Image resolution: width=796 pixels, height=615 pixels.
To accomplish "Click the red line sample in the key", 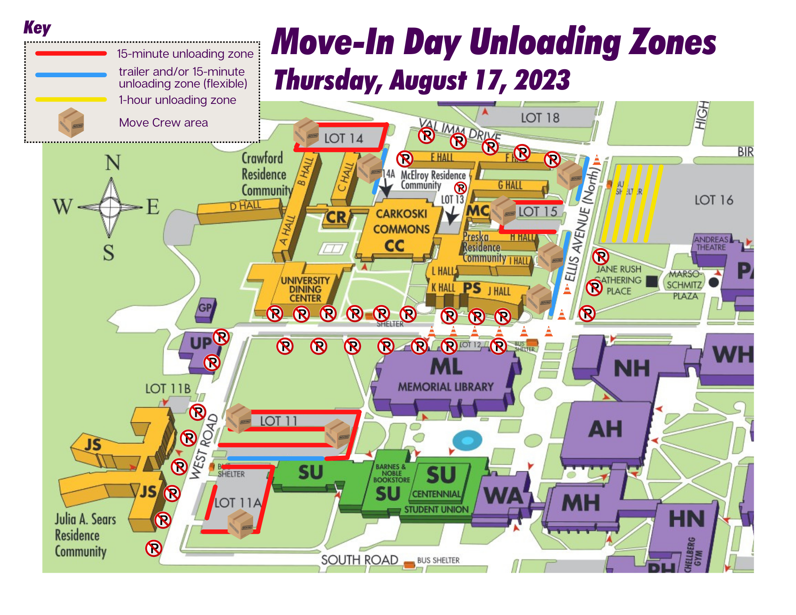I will click(71, 53).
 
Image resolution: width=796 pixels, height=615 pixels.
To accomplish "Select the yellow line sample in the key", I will click(71, 100).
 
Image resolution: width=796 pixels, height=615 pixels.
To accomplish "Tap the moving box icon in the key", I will click(71, 122).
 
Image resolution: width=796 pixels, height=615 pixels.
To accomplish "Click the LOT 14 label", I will click(343, 139).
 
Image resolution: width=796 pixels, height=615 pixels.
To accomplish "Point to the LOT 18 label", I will click(540, 118).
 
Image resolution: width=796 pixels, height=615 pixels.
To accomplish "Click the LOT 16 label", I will click(714, 200).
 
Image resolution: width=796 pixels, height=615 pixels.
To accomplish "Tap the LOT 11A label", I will click(238, 503).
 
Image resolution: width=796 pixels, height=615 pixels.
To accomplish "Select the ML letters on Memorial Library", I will click(446, 367).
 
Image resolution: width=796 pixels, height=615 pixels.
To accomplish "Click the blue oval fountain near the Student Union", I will click(467, 440).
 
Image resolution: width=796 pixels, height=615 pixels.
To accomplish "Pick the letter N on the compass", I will click(112, 163).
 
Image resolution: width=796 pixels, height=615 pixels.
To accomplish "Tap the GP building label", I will click(205, 308).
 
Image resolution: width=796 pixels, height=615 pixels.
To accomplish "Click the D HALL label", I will click(246, 206).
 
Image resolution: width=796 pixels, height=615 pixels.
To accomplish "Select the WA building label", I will click(503, 496).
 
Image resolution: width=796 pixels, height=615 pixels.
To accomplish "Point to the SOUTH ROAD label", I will click(359, 560).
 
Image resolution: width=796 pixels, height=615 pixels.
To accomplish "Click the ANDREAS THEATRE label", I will click(711, 243).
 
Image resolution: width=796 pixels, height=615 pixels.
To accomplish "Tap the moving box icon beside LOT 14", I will click(306, 132).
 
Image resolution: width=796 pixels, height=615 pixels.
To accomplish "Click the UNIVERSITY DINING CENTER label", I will click(305, 289).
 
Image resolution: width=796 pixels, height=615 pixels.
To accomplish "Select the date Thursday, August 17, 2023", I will click(422, 80).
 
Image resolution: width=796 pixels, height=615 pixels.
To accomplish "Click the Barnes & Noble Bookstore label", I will click(392, 473).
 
